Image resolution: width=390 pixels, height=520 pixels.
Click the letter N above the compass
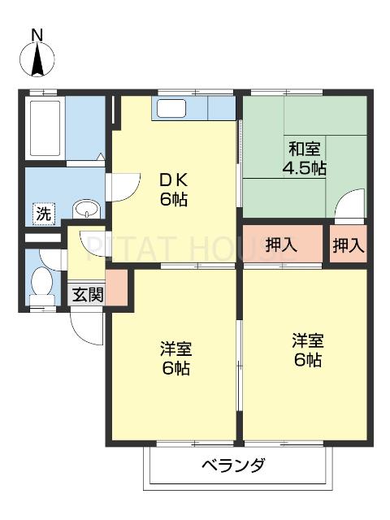[x=37, y=34]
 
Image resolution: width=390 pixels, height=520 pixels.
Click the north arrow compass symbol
[x=37, y=60]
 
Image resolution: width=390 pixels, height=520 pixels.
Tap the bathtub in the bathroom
[x=45, y=129]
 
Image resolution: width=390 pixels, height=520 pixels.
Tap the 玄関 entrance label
[x=86, y=294]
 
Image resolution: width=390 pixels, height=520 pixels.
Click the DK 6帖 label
[x=173, y=189]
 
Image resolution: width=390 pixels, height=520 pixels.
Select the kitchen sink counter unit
[x=193, y=108]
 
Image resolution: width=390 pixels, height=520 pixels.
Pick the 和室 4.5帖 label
[x=303, y=158]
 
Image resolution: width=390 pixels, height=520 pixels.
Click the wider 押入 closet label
[x=282, y=245]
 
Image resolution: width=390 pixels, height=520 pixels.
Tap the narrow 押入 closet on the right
[x=349, y=245]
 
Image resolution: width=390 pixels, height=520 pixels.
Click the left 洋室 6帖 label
[x=175, y=358]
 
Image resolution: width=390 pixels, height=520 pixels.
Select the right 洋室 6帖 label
[x=307, y=350]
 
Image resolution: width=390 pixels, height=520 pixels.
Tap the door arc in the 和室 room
[x=349, y=203]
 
